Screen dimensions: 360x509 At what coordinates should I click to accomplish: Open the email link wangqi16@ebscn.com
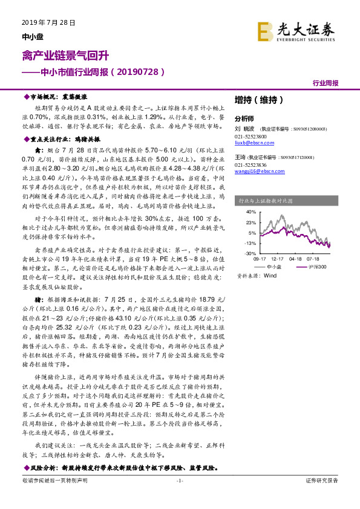(254, 171)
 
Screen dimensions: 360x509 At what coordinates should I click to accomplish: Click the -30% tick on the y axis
(250, 253)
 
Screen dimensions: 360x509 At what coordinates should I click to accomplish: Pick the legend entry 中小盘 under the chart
(273, 266)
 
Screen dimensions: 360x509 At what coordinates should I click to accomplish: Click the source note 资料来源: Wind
(257, 275)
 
